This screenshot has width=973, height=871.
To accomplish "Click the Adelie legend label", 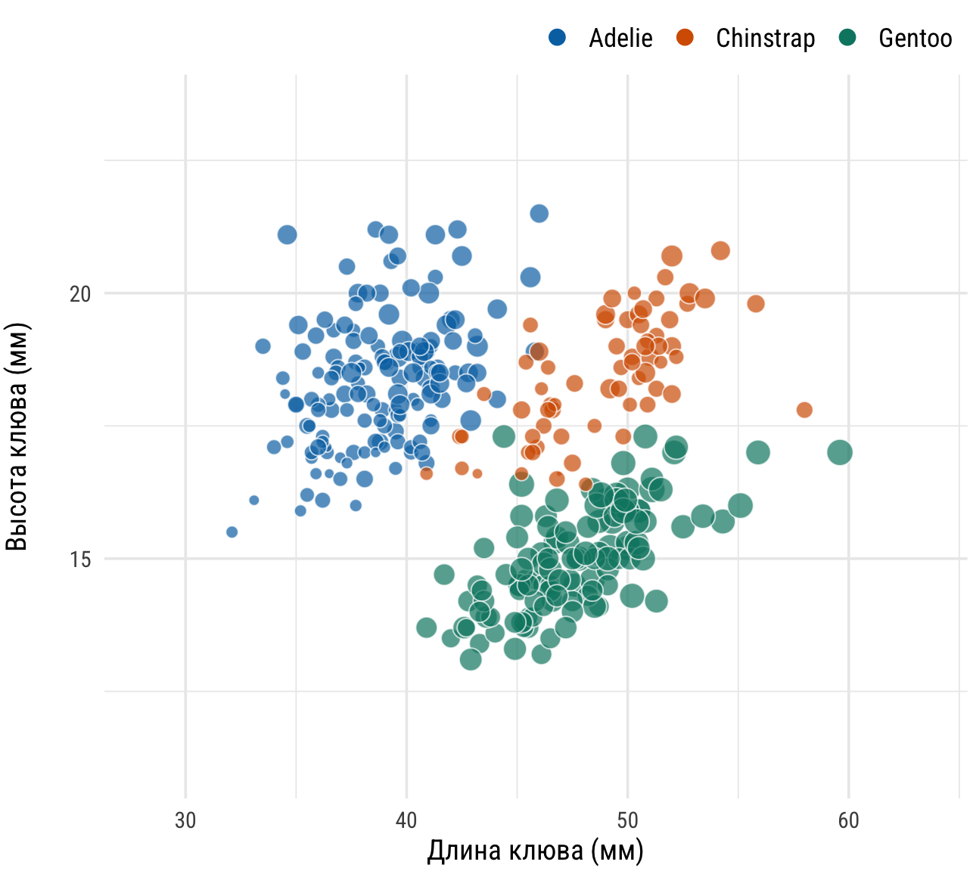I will [x=620, y=38].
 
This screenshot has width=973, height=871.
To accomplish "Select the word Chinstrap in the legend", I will [x=765, y=38].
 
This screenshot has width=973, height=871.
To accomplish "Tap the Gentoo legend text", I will [x=915, y=38].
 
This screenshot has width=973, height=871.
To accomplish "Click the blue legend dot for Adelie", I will [x=558, y=37].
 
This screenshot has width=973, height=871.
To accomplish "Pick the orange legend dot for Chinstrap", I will [x=685, y=37].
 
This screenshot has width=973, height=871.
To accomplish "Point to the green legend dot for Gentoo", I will [x=847, y=37].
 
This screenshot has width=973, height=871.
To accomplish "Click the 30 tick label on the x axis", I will [x=185, y=820].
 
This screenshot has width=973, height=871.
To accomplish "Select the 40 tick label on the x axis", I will [x=406, y=820].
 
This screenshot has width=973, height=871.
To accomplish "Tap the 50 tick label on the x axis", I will [x=627, y=820].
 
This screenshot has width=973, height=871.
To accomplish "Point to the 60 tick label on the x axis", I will [x=848, y=820].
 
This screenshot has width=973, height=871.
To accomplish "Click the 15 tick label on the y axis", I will [x=80, y=559].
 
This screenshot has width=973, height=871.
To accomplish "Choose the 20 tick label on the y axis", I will [x=80, y=293].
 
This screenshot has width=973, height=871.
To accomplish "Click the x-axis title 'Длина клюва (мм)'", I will [x=535, y=851].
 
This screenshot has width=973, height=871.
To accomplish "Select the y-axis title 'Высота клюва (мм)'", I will [x=17, y=436].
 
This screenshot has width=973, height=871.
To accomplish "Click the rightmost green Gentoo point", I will [x=840, y=453].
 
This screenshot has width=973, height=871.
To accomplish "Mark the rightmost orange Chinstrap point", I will [x=804, y=410].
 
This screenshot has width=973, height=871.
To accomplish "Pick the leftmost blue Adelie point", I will [x=232, y=532].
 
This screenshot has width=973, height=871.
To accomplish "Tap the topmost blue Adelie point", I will [x=539, y=214].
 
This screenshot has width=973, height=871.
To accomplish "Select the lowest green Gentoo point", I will [x=471, y=659].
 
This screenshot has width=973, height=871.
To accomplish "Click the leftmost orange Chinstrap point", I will [x=427, y=473].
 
